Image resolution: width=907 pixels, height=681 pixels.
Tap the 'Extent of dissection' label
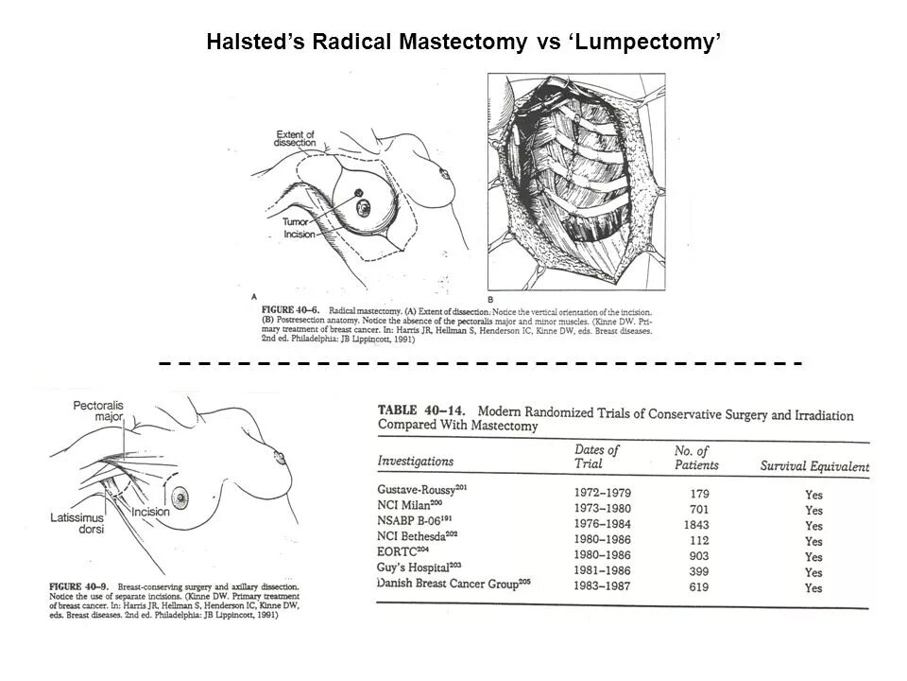296,137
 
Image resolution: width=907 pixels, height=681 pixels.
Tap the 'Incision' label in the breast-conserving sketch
150,511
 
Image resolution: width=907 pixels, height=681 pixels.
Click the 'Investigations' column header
415,462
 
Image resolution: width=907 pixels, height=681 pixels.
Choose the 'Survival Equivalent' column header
814,467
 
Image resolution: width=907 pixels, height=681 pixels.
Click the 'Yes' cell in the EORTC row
813,557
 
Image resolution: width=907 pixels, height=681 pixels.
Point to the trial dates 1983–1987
602,586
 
